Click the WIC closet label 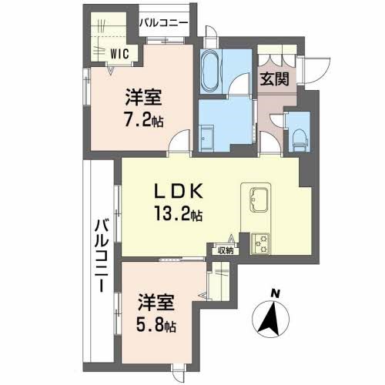pos(119,54)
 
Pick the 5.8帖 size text pos(156,326)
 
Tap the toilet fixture pos(298,138)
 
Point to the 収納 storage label pos(224,249)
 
